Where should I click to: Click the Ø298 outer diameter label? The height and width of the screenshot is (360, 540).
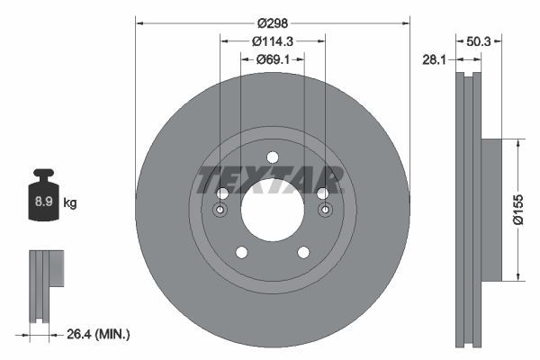[272, 23]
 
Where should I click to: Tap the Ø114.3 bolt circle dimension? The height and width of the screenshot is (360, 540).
[272, 41]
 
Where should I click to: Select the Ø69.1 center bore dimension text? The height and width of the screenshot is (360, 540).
[272, 59]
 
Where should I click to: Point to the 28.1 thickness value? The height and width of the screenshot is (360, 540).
[435, 59]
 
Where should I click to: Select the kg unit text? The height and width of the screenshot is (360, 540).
[70, 203]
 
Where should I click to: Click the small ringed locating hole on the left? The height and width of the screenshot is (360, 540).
[221, 211]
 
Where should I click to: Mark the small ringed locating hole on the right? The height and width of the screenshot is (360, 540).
[324, 211]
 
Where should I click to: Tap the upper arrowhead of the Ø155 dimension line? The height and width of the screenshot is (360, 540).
[517, 142]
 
